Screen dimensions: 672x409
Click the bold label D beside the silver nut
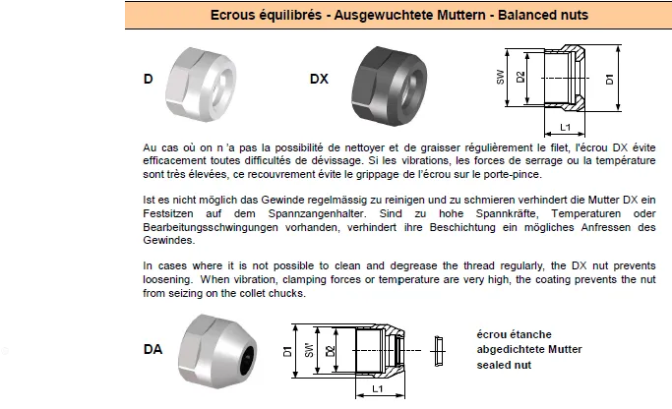coord(148,79)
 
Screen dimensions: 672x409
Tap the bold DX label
coord(319,79)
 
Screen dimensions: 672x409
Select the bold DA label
coord(153,349)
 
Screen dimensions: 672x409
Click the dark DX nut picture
coord(390,86)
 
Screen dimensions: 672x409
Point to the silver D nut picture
coord(201,84)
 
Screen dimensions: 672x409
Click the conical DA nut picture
coord(217,351)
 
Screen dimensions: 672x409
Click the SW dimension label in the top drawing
coord(500,77)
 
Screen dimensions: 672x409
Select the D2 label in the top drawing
coord(520,77)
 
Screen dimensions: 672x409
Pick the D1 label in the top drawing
coord(609,79)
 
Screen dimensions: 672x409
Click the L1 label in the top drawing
coord(566,127)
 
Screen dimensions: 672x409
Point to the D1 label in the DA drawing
coord(287,351)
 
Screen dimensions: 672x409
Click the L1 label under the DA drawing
coord(377,389)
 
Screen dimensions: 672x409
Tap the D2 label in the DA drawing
coord(330,351)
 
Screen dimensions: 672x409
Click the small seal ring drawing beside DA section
coord(439,351)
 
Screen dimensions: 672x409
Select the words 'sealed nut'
coord(504,366)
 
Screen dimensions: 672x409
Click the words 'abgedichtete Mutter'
coord(529,349)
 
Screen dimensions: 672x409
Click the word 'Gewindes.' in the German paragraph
coord(169,240)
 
